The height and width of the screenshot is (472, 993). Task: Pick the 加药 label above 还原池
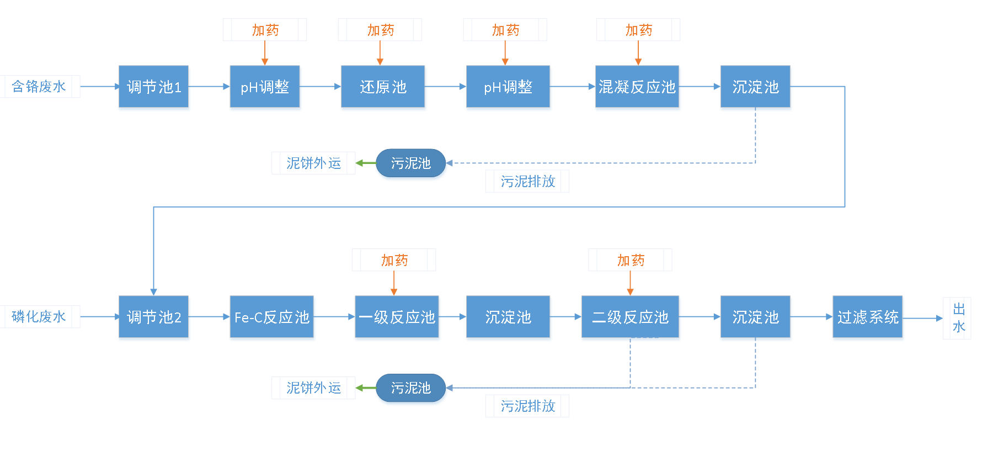coord(380,30)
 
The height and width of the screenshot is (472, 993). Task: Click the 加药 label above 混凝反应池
coord(638,30)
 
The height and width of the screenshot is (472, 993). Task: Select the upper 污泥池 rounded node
coord(411,164)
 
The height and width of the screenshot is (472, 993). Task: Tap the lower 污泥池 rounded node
coord(411,389)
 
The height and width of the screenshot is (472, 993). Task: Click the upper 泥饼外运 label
coord(313,163)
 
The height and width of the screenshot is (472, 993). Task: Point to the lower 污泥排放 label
coord(527,406)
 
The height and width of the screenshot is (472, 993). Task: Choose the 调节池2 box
coord(154,318)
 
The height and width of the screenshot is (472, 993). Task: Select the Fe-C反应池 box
coord(273,318)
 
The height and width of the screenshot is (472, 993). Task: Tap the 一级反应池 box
coord(397,318)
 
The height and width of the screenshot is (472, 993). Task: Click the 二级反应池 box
coord(631,318)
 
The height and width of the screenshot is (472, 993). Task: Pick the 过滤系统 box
coord(868,318)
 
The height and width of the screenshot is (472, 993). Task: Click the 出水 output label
coord(958,318)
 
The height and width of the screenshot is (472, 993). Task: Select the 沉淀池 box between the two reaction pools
coord(508,318)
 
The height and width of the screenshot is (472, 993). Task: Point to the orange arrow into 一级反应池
coord(394,284)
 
